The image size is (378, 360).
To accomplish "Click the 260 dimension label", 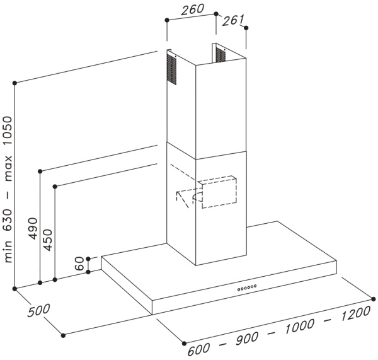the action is (x=192, y=9).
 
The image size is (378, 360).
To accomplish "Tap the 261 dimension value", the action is (x=233, y=20).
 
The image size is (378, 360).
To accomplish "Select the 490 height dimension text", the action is (x=33, y=228).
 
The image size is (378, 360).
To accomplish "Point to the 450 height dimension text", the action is (x=47, y=240).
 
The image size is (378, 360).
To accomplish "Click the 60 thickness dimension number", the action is (x=79, y=264).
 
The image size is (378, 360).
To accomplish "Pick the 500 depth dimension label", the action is (x=38, y=310).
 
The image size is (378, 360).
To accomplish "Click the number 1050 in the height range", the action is (x=8, y=131).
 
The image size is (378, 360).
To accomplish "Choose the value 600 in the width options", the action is (x=199, y=349).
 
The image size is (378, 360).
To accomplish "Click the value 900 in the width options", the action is (x=247, y=339).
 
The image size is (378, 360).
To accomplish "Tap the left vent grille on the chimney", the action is (x=171, y=69).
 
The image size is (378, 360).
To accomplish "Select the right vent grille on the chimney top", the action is (x=220, y=54).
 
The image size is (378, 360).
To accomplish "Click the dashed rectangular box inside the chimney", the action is (x=219, y=192).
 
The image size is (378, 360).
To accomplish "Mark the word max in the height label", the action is (x=8, y=168).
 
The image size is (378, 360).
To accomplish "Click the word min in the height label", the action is (x=8, y=251).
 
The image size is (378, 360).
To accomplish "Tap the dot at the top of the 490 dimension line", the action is (x=40, y=171).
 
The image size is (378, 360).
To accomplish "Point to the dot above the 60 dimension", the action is (x=88, y=258).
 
